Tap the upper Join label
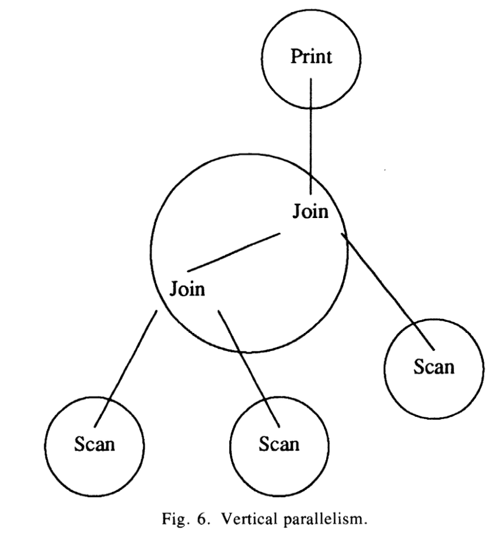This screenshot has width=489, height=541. pos(310,212)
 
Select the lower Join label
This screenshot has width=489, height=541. pos(187,288)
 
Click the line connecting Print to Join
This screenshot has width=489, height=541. pos(310,134)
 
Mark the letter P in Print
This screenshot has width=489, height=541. pos(295,58)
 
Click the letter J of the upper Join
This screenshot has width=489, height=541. pos(296,212)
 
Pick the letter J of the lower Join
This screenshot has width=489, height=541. pos(174,288)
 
